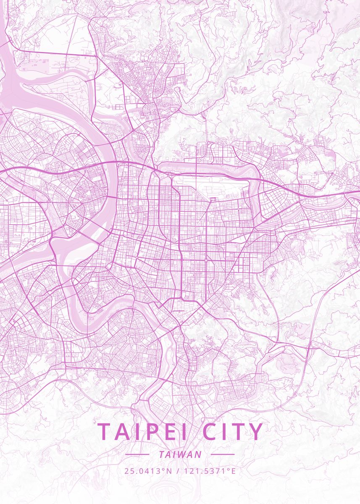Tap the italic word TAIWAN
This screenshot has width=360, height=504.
coord(180,454)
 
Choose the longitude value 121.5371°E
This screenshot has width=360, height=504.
coord(210,471)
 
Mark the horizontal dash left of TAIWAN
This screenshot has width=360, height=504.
coord(137,454)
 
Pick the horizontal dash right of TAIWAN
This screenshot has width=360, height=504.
coord(222,454)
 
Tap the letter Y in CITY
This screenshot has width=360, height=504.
coord(255,432)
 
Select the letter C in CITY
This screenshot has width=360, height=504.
coord(211,432)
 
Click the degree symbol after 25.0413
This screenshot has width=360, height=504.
coord(164,469)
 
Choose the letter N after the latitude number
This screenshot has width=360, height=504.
coord(169,471)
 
